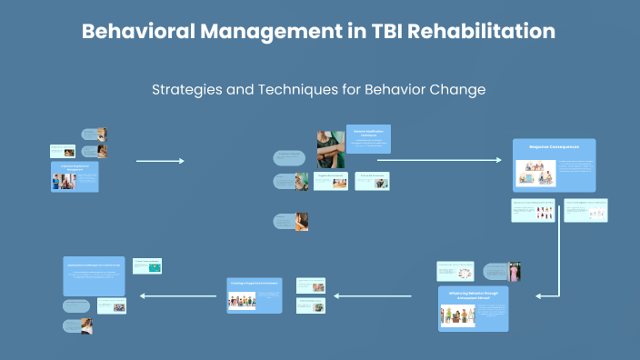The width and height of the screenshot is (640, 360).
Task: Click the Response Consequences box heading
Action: click(x=554, y=145)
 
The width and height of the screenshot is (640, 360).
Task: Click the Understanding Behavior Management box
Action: click(x=75, y=177)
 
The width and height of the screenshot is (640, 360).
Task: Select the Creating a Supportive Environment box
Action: click(x=255, y=295)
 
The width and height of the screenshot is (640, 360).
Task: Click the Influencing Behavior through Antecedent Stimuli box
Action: click(x=473, y=309)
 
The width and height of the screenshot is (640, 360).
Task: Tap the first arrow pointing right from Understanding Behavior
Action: click(x=160, y=161)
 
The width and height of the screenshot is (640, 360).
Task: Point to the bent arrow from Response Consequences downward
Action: click(x=558, y=264)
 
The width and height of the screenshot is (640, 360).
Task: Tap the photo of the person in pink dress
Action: click(x=515, y=272)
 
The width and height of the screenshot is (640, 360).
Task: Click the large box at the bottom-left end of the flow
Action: click(x=94, y=275)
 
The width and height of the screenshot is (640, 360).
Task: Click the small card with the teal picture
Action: click(x=147, y=266)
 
